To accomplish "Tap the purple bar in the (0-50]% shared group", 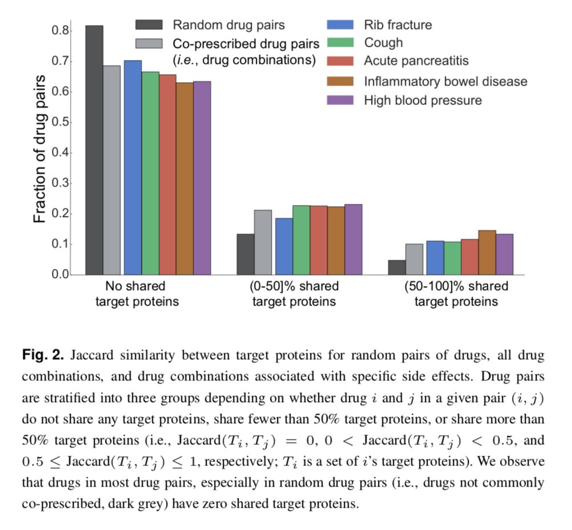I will [x=353, y=239].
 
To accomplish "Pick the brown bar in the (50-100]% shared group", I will [x=487, y=252].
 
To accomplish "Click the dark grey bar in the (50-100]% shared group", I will [x=397, y=267].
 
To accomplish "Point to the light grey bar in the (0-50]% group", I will [x=263, y=242].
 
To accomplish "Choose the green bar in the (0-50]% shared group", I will [x=301, y=240].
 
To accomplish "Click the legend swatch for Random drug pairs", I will [x=149, y=25].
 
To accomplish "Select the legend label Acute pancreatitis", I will [x=416, y=61].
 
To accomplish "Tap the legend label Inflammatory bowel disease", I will [x=445, y=82].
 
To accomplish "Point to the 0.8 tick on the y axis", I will [x=62, y=30].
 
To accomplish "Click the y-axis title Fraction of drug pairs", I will [x=39, y=148].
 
